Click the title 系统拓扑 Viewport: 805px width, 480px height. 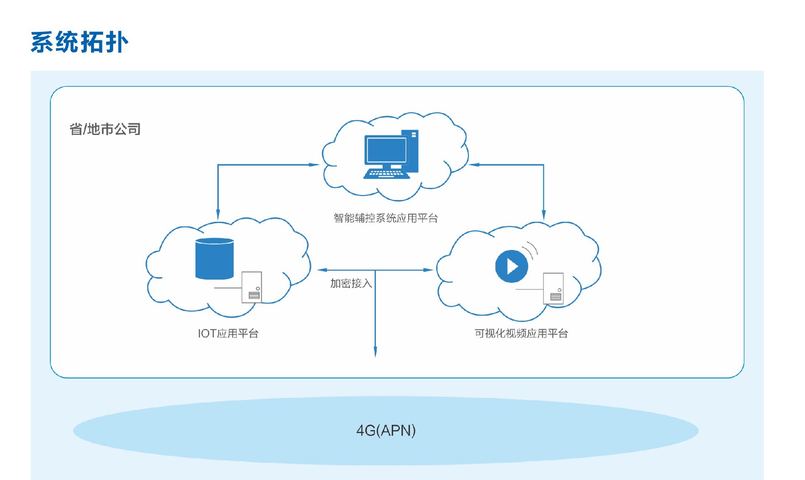point(80,42)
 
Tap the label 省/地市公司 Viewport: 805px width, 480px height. point(105,129)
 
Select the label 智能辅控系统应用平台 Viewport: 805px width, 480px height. point(386,218)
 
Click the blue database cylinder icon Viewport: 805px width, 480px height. point(214,259)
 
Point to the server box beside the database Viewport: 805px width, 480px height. point(252,287)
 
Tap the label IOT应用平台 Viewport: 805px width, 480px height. point(228,333)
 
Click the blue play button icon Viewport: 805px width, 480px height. point(511,266)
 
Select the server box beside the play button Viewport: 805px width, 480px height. point(553,288)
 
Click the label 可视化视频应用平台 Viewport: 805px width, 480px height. point(521,333)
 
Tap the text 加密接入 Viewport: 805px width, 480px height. point(351,283)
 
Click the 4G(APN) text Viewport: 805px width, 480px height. point(386,431)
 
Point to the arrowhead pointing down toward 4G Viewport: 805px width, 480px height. point(375,352)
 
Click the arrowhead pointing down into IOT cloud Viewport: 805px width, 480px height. point(218,214)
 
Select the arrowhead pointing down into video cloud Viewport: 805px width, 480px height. point(544,215)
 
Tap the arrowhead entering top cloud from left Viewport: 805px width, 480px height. point(314,165)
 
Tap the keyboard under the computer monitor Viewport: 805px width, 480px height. point(386,174)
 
